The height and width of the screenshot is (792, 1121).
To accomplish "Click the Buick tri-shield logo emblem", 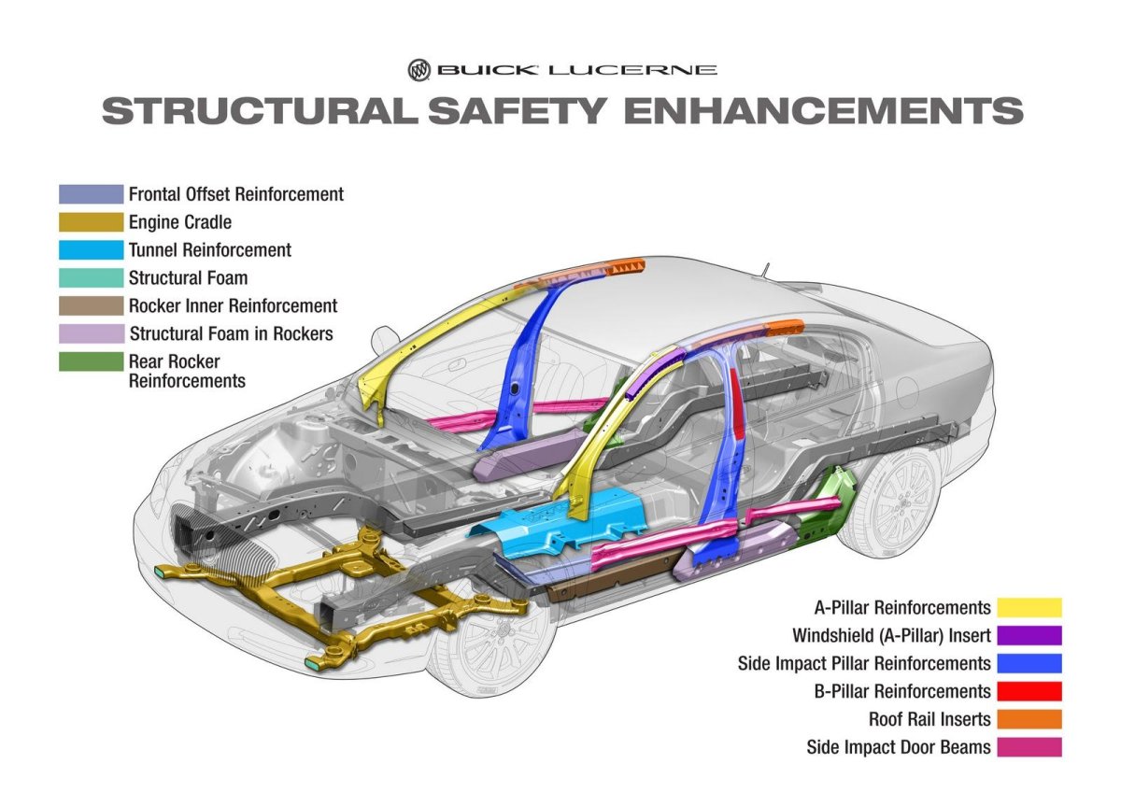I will click(419, 70).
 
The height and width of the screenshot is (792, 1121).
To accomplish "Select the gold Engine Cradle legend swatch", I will click(91, 222).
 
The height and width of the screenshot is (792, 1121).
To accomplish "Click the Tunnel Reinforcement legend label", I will click(209, 250).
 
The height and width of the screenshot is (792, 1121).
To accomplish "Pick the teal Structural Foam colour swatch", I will click(91, 278).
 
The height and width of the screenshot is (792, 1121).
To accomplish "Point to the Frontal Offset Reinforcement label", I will click(235, 194).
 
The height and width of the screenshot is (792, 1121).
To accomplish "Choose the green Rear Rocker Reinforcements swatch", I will click(91, 362).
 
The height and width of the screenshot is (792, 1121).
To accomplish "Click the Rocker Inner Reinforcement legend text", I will click(233, 306).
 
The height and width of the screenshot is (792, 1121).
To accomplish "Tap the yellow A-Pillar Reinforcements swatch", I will click(1029, 608).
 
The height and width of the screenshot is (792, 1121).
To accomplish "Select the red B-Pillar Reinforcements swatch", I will click(1029, 692).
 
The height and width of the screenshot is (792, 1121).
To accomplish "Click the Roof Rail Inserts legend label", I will click(929, 720).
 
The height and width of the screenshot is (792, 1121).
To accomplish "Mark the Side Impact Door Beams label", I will click(899, 748).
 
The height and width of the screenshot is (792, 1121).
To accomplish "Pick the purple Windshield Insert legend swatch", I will click(1029, 636).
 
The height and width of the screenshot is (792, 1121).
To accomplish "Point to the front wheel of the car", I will click(486, 644).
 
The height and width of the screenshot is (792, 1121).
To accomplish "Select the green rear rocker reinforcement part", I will click(831, 504).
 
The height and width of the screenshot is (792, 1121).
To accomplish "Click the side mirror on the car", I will click(385, 337).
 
